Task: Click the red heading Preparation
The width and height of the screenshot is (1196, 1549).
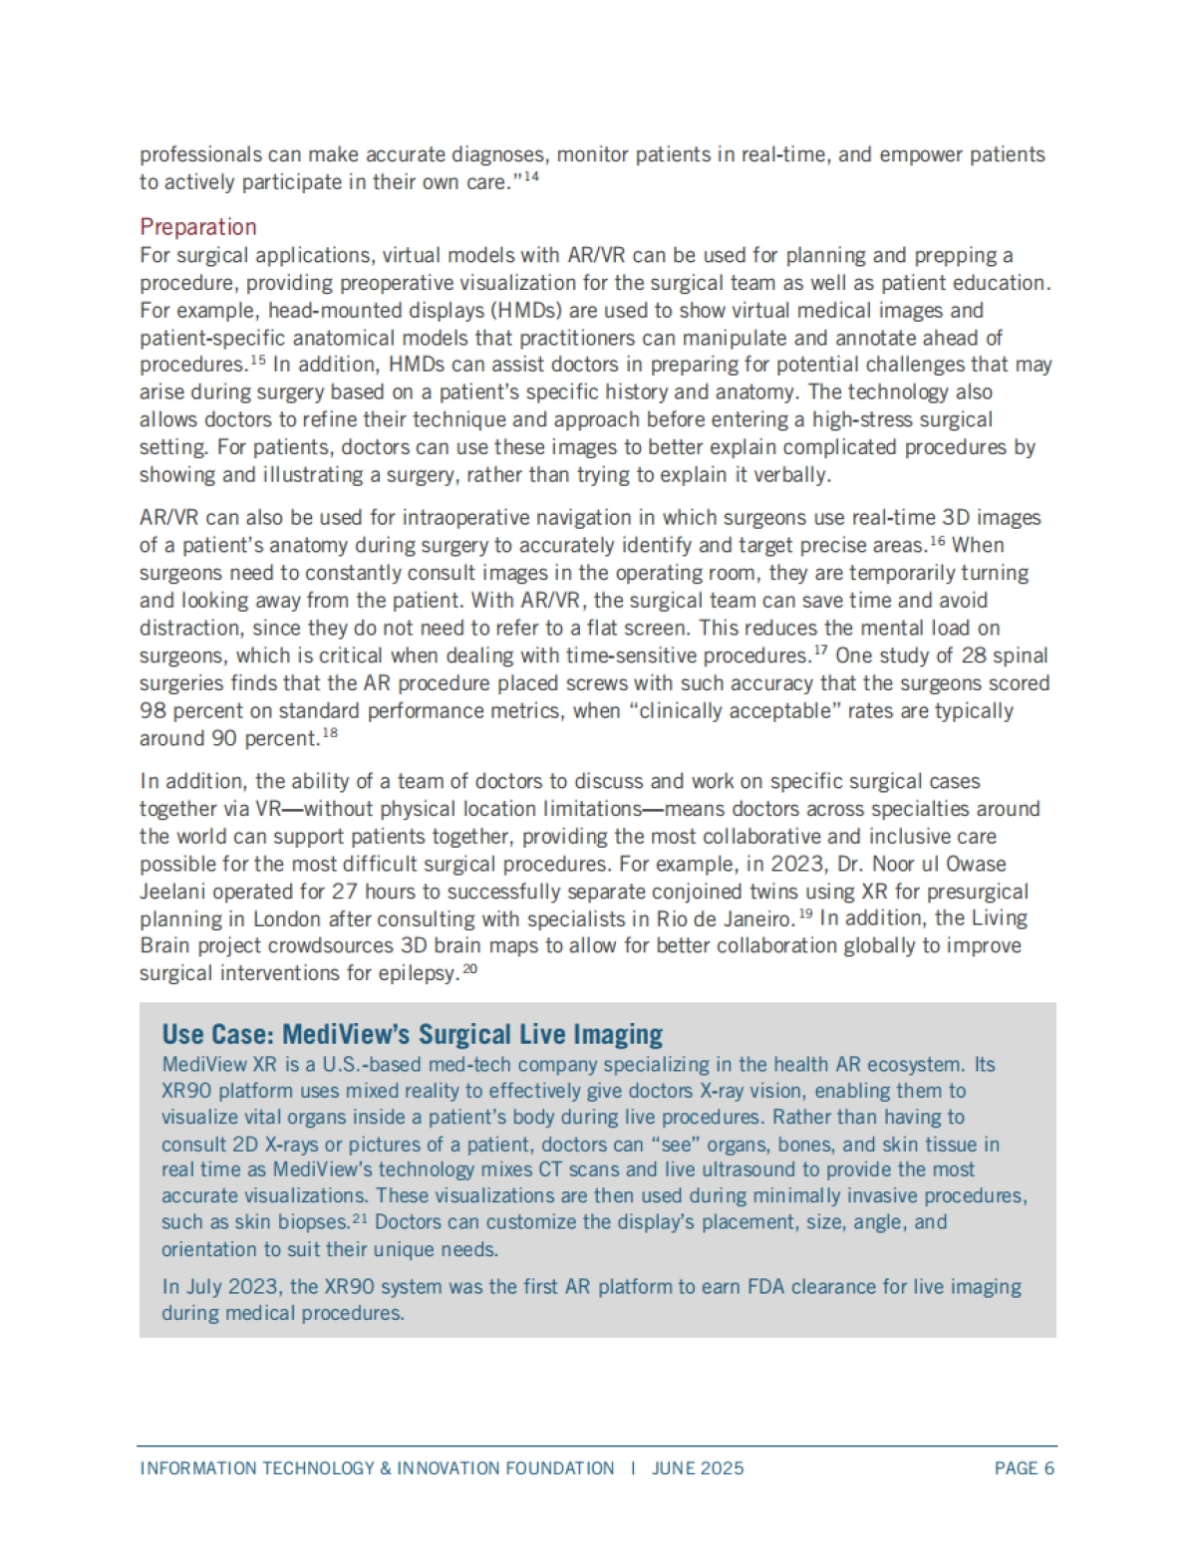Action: (198, 227)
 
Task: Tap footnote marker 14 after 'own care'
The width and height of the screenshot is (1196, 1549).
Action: (530, 177)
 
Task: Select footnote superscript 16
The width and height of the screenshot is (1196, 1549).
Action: (937, 540)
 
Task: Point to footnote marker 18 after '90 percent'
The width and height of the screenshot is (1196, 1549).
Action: (330, 734)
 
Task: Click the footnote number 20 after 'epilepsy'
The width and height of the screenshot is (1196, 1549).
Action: (470, 968)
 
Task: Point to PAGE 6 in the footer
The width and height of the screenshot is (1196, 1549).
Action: (1024, 1468)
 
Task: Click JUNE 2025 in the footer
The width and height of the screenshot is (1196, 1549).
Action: (698, 1468)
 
